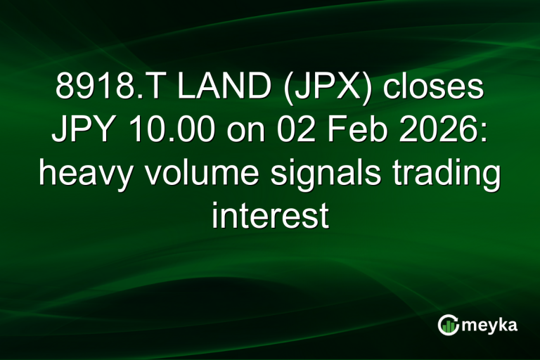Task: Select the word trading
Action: coord(442,174)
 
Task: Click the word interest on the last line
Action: coord(270,216)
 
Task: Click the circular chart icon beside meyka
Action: coord(449,324)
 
